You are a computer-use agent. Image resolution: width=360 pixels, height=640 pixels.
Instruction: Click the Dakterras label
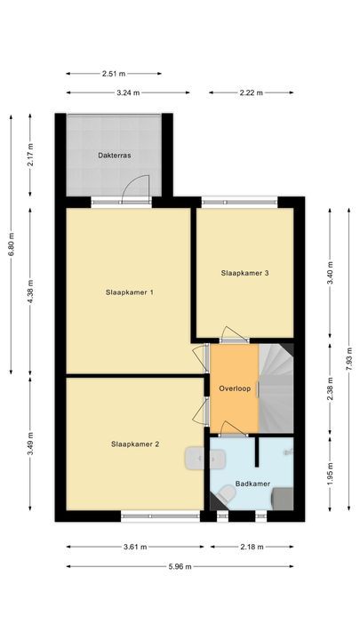(x=115, y=155)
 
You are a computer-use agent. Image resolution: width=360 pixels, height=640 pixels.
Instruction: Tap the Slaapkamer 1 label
(x=130, y=292)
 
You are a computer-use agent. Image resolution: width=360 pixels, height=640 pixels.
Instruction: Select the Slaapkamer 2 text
(x=135, y=444)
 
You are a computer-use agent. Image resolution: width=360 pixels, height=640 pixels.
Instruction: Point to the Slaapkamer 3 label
(x=244, y=273)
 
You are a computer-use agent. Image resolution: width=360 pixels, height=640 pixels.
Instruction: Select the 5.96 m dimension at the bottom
(x=180, y=566)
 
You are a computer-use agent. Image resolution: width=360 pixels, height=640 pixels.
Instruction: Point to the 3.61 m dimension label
(x=132, y=546)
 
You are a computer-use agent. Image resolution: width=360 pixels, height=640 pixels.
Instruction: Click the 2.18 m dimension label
(x=251, y=546)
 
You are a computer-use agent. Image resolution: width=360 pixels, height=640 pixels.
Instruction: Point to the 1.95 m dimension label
(x=330, y=470)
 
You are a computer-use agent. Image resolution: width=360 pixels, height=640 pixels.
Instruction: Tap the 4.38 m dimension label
(x=30, y=292)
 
